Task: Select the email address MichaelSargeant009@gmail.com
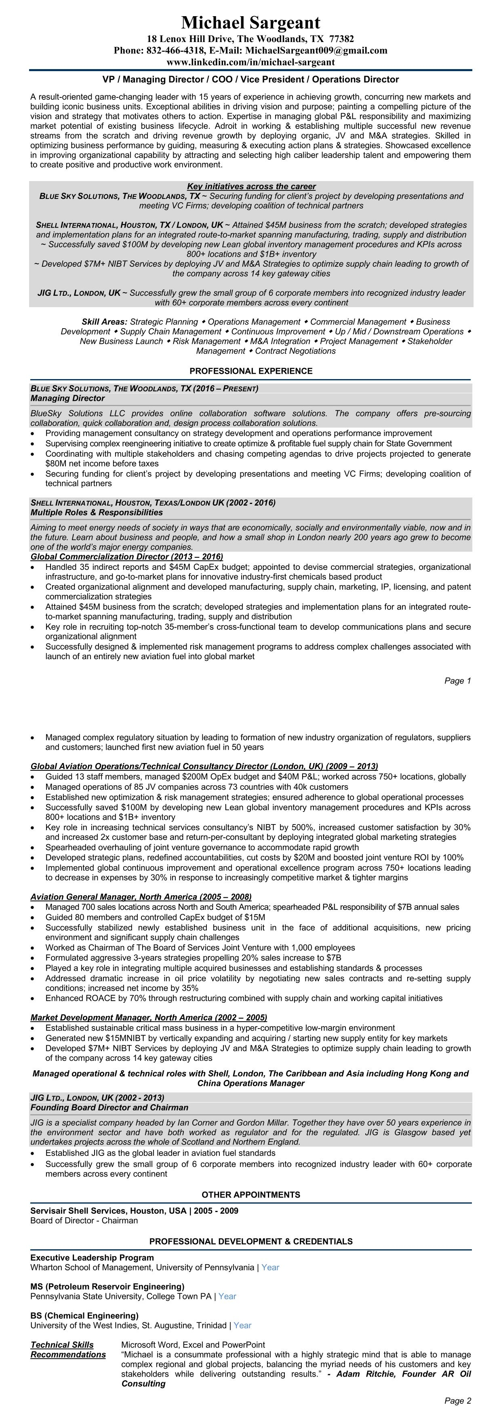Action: tap(316, 51)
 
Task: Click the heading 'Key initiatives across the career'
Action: tap(251, 186)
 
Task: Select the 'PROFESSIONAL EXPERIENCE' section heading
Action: tap(251, 371)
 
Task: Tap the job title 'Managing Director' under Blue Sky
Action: tap(67, 398)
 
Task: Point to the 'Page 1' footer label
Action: tap(457, 681)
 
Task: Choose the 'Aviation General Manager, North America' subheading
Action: tap(141, 896)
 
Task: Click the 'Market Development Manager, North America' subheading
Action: tap(149, 1018)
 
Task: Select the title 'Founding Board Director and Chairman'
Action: tap(109, 1107)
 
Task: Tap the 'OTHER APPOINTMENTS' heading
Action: tap(251, 1195)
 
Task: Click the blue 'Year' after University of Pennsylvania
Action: tap(270, 1267)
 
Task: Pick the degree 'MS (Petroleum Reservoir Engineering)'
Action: tap(107, 1286)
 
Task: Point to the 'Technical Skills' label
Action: tap(62, 1345)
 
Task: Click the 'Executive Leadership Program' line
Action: tap(92, 1257)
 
